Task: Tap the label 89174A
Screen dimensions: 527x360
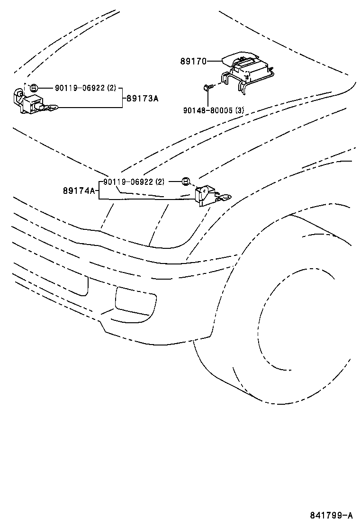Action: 79,191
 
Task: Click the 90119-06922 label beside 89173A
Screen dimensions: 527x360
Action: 80,88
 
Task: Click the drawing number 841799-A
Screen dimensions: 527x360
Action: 332,515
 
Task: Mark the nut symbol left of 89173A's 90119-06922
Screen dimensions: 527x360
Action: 34,88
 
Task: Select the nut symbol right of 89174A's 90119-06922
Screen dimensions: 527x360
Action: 186,182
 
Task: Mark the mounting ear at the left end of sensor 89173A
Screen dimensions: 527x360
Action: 19,94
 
